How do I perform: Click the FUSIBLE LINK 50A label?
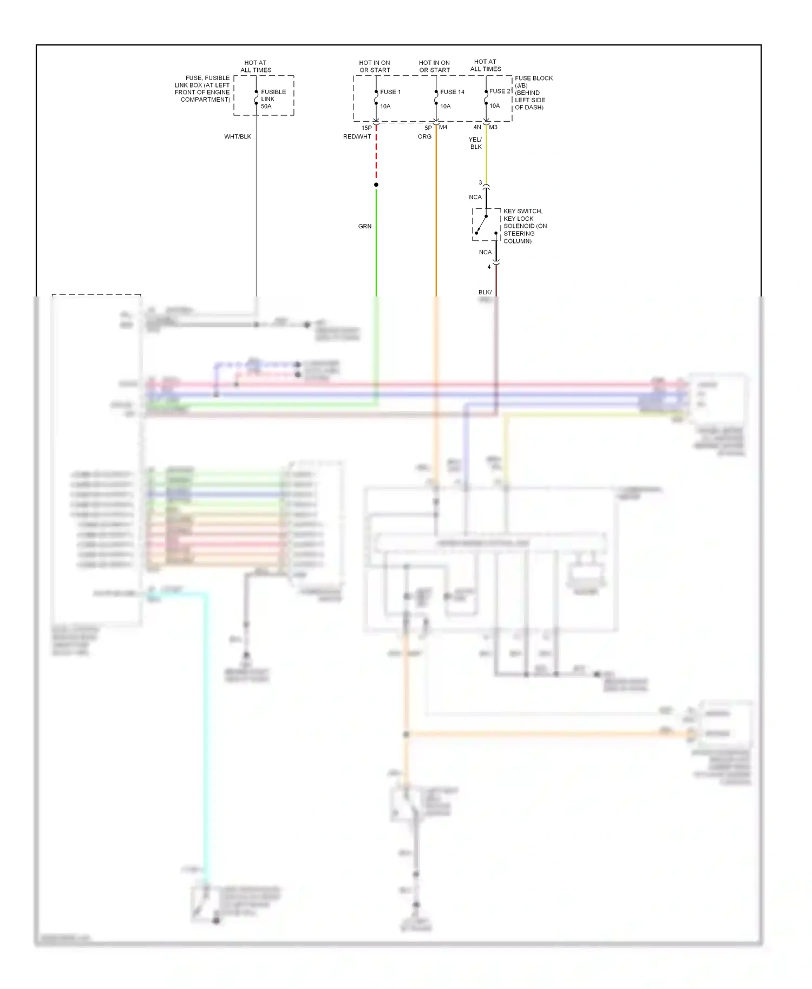pyautogui.click(x=273, y=99)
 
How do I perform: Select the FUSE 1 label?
pyautogui.click(x=390, y=92)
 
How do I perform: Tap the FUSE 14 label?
pyautogui.click(x=452, y=92)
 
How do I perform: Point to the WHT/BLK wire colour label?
pyautogui.click(x=238, y=137)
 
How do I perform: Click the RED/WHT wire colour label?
pyautogui.click(x=357, y=137)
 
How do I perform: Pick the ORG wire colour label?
pyautogui.click(x=424, y=137)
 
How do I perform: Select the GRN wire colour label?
pyautogui.click(x=365, y=226)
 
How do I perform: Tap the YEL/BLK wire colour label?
pyautogui.click(x=475, y=143)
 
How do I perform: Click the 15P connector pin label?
pyautogui.click(x=366, y=128)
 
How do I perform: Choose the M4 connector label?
pyautogui.click(x=443, y=128)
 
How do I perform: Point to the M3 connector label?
pyautogui.click(x=493, y=128)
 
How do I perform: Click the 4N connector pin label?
pyautogui.click(x=477, y=128)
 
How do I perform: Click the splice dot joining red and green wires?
pyautogui.click(x=376, y=185)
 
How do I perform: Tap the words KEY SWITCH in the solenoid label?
pyautogui.click(x=522, y=212)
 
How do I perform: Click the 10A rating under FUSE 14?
pyautogui.click(x=445, y=107)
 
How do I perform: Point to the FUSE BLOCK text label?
pyautogui.click(x=534, y=78)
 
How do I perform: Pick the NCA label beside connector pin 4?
pyautogui.click(x=485, y=253)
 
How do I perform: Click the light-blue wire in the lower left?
pyautogui.click(x=206, y=730)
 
